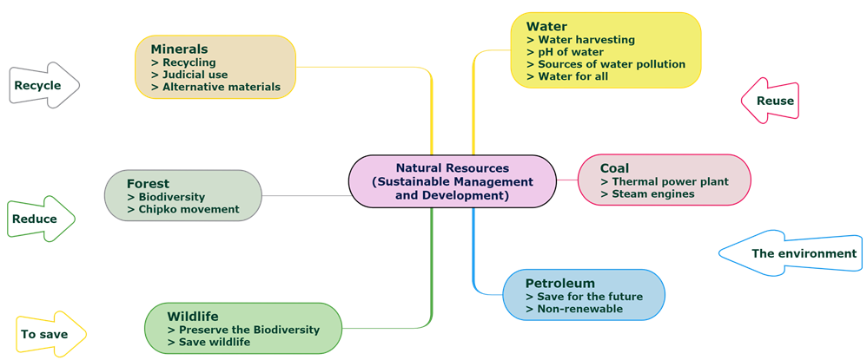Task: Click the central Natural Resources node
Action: click(x=452, y=181)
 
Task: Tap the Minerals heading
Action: click(x=179, y=49)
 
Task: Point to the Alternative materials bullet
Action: click(x=215, y=87)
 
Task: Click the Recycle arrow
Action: click(x=43, y=85)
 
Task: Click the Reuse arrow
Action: click(x=771, y=101)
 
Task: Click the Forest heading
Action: click(x=148, y=183)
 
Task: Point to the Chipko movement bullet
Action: click(x=182, y=209)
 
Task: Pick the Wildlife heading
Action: click(x=193, y=316)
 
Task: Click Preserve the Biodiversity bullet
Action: click(x=243, y=330)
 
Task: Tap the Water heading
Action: click(x=546, y=26)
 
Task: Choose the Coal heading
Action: click(x=614, y=168)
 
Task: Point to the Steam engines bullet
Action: click(x=647, y=194)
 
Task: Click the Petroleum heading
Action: click(x=560, y=283)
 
